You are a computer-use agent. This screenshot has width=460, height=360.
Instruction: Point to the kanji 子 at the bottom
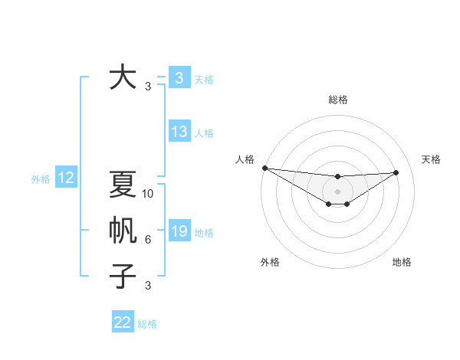tap(123, 276)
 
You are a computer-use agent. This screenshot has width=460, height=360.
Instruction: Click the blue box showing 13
tap(179, 132)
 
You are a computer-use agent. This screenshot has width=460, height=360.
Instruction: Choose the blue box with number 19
tap(179, 231)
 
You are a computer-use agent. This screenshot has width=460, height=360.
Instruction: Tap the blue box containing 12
tap(66, 178)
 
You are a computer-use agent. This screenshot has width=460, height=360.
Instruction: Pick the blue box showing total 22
tap(123, 322)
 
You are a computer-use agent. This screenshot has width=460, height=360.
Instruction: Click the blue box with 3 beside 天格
tap(179, 77)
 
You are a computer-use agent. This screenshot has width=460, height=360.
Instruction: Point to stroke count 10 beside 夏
tap(149, 194)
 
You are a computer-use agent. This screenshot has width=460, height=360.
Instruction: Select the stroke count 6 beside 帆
tap(148, 240)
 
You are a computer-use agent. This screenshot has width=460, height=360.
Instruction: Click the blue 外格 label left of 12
tap(41, 179)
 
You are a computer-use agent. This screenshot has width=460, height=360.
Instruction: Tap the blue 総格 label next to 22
tap(147, 324)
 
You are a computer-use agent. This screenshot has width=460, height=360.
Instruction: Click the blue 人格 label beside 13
tap(204, 133)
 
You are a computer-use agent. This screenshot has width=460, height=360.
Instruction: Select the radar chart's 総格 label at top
tap(337, 100)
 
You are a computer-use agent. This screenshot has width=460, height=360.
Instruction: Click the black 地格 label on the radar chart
tap(402, 262)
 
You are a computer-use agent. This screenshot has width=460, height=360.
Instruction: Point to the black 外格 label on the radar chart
tap(270, 262)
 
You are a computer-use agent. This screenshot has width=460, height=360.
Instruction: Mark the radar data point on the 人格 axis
tap(264, 168)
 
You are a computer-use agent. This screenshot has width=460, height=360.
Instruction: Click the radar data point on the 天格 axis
tap(396, 172)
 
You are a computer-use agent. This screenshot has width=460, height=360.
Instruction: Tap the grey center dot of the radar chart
tap(337, 191)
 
